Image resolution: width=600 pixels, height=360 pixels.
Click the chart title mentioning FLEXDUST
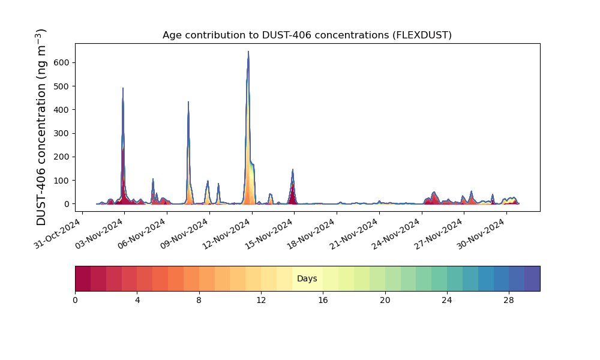(x=307, y=35)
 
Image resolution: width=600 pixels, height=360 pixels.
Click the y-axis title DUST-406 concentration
(x=41, y=127)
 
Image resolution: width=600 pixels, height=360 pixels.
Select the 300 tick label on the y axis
(x=64, y=134)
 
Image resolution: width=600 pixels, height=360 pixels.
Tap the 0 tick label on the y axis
(x=67, y=204)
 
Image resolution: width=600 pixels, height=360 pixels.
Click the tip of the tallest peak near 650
(x=248, y=51)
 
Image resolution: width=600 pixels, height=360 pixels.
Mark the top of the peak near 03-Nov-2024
(x=123, y=88)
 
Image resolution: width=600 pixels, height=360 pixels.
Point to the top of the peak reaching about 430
(x=188, y=102)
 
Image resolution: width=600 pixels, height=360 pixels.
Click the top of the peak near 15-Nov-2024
(x=293, y=169)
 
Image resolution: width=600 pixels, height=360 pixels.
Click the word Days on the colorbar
(x=307, y=278)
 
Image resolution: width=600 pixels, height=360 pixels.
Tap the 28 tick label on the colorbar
(x=509, y=301)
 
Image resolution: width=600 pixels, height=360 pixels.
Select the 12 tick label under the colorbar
(x=261, y=301)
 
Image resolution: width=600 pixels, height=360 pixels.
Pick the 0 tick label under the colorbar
(x=75, y=301)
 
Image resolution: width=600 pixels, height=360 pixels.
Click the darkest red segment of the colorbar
(x=83, y=278)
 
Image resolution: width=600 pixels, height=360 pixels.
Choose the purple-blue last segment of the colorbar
(x=532, y=278)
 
